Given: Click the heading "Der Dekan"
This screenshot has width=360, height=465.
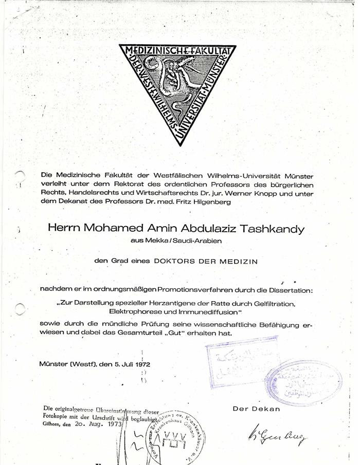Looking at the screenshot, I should click(x=256, y=409).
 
